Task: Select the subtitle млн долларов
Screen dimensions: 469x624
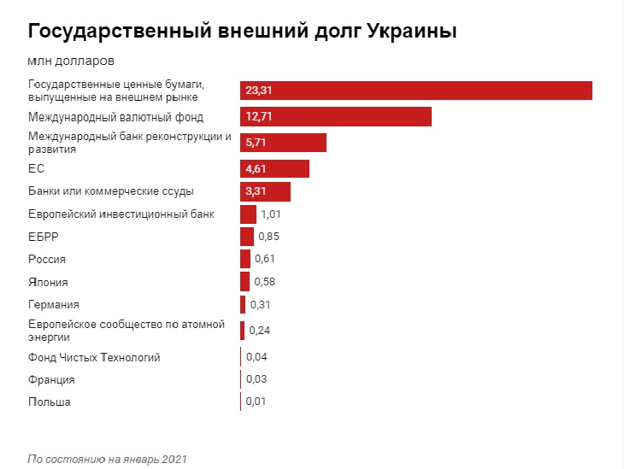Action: pyautogui.click(x=71, y=61)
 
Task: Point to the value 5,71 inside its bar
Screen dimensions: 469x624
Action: pyautogui.click(x=257, y=142)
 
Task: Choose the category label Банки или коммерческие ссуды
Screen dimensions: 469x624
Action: pyautogui.click(x=111, y=191)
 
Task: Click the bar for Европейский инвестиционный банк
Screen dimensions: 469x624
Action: pyautogui.click(x=248, y=214)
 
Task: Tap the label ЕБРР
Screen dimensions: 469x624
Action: pyautogui.click(x=44, y=236)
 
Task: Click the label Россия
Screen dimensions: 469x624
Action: pyautogui.click(x=47, y=259)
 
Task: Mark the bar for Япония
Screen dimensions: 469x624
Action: pyautogui.click(x=244, y=281)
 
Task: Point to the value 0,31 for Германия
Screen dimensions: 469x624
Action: pyautogui.click(x=261, y=304)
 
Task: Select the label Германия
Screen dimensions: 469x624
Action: pyautogui.click(x=54, y=305)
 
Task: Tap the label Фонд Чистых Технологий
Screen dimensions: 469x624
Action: pyautogui.click(x=94, y=357)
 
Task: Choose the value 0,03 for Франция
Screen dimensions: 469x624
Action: pyautogui.click(x=256, y=379)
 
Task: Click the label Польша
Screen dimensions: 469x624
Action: pyautogui.click(x=50, y=402)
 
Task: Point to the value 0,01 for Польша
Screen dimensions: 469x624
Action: pyautogui.click(x=256, y=402)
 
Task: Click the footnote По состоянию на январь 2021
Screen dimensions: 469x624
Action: pyautogui.click(x=107, y=459)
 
